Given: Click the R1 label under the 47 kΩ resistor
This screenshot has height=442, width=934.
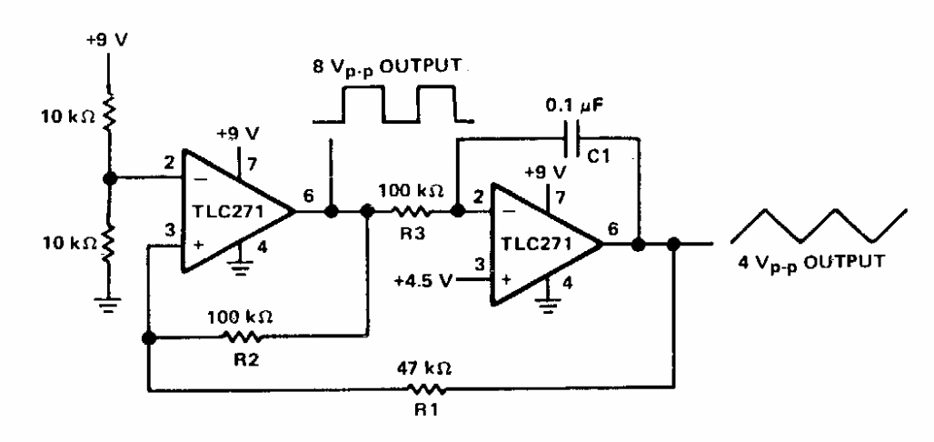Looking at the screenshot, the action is [426, 412].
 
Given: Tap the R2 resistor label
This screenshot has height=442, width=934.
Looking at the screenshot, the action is [246, 361].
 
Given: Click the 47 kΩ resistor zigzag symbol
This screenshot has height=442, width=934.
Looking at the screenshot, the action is [426, 390].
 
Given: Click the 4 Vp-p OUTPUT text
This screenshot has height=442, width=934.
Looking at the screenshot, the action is [811, 262].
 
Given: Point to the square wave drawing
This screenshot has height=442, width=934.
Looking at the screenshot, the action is [393, 105].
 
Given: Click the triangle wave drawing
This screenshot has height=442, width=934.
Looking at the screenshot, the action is [819, 226].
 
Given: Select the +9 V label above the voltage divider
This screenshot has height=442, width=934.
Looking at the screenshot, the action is [107, 40].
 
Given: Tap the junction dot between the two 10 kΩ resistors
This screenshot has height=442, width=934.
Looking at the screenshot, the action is [108, 177].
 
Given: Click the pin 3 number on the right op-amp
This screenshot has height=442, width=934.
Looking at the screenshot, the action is [479, 263].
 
